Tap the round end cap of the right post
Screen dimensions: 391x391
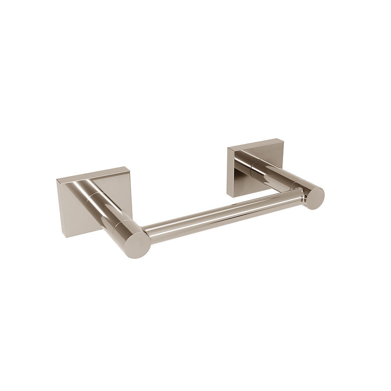[x=314, y=198]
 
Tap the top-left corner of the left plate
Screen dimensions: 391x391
[x=57, y=180]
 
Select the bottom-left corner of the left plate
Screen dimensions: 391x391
[x=62, y=237]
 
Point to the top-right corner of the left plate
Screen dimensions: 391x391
[x=129, y=168]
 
